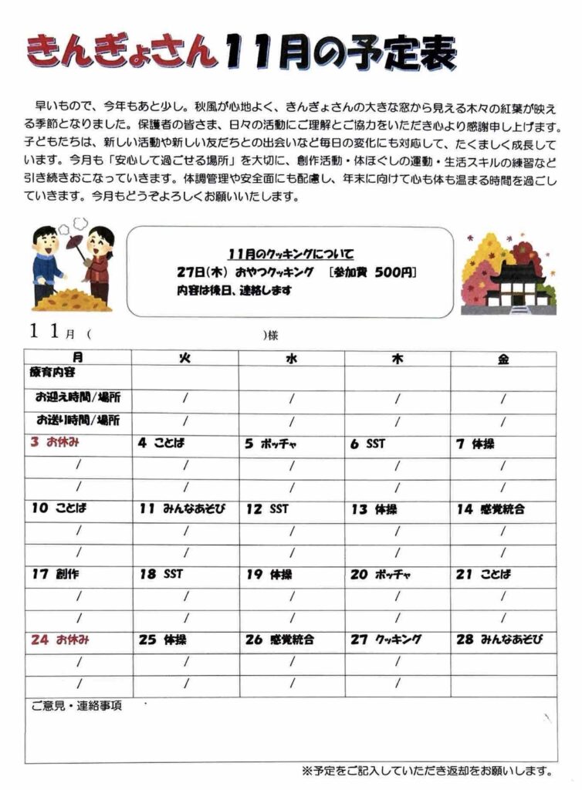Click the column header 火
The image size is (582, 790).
pos(184,358)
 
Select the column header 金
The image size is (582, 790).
pos(503,358)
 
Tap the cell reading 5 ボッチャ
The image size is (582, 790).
pos(271,444)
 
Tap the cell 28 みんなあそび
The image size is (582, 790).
pos(499,640)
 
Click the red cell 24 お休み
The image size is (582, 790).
pos(61,640)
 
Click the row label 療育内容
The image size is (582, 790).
pos(53,373)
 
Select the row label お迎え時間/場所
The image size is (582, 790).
pos(77,398)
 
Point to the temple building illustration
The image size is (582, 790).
pos(518,285)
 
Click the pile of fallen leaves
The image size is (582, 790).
pos(72,299)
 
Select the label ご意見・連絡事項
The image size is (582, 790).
pos(76,705)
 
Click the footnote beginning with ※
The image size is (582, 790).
pos(427,771)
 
